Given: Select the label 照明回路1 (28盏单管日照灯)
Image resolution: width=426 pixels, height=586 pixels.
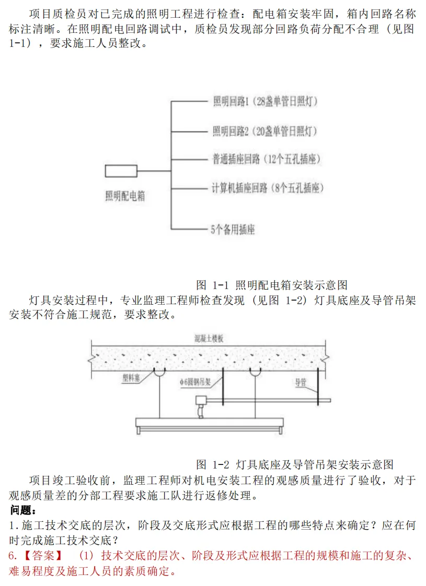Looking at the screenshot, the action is pyautogui.click(x=265, y=101).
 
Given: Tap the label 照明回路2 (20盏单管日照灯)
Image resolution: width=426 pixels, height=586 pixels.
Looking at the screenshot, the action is pyautogui.click(x=265, y=130).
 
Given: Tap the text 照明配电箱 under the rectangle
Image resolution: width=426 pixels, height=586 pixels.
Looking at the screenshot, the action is pyautogui.click(x=125, y=196).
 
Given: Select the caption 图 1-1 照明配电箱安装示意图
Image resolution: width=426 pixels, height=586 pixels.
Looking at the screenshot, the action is pyautogui.click(x=272, y=285).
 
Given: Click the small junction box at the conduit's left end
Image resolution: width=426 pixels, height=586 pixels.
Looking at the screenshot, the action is pyautogui.click(x=200, y=401).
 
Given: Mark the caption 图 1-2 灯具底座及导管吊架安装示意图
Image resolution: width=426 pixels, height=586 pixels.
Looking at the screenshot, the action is pyautogui.click(x=294, y=464).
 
